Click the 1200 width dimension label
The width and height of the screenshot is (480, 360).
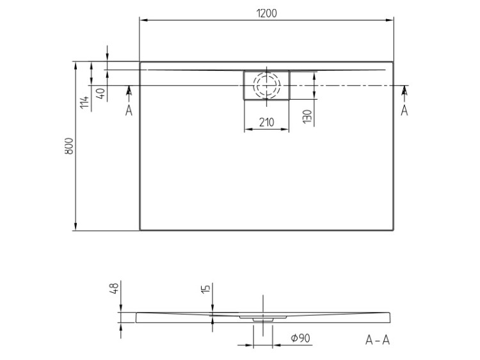tap(266, 13)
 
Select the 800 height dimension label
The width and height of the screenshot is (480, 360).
tap(69, 146)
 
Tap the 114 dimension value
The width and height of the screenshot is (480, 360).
tap(84, 102)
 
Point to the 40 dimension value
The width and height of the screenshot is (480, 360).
tap(102, 92)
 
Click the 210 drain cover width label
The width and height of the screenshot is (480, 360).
tap(267, 122)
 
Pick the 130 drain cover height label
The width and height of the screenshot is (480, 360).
tap(307, 116)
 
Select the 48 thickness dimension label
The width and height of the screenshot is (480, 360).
tap(114, 288)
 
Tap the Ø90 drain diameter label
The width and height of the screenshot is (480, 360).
tap(300, 338)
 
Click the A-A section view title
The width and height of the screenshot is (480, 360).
tap(378, 340)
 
